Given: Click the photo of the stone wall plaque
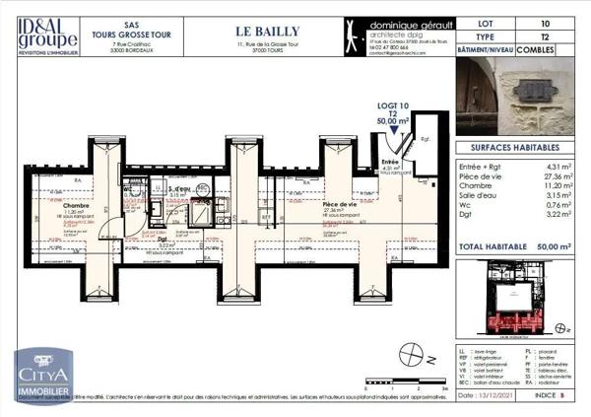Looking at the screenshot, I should (520, 95).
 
